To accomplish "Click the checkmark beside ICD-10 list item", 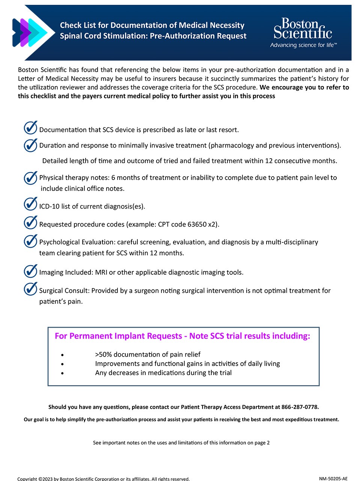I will (30, 204).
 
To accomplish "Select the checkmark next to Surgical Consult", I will (30, 289).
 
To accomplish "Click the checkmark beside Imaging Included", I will (30, 271).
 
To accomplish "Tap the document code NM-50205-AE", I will (333, 478).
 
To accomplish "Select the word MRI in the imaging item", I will (101, 272).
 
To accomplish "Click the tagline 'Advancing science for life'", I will (303, 45).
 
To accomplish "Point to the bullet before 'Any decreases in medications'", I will (62, 373).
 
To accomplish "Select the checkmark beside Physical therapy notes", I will (30, 178).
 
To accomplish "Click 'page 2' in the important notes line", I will (262, 443).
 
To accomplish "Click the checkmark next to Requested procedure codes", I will (30, 222).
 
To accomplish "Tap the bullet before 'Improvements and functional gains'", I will (62, 364).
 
